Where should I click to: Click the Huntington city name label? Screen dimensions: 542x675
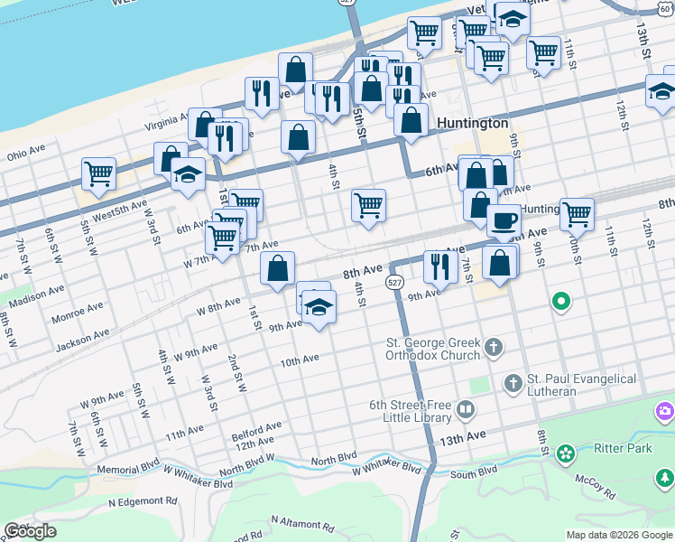tap(472, 123)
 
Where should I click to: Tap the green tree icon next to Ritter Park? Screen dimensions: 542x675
tap(566, 452)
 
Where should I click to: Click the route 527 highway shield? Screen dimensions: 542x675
tap(393, 283)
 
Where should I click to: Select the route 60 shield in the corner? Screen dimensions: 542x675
tap(665, 8)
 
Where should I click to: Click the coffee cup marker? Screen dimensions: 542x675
tap(504, 220)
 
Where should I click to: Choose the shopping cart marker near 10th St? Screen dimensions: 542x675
tap(577, 214)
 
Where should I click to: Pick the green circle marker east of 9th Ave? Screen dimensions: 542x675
tap(560, 301)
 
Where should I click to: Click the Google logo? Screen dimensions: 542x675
tap(30, 530)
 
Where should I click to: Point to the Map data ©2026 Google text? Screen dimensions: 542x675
tap(618, 535)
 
